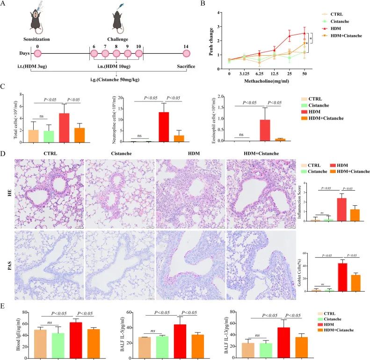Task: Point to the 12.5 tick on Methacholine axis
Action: tap(272, 73)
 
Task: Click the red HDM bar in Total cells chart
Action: tap(63, 127)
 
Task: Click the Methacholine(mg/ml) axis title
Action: tap(272, 81)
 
